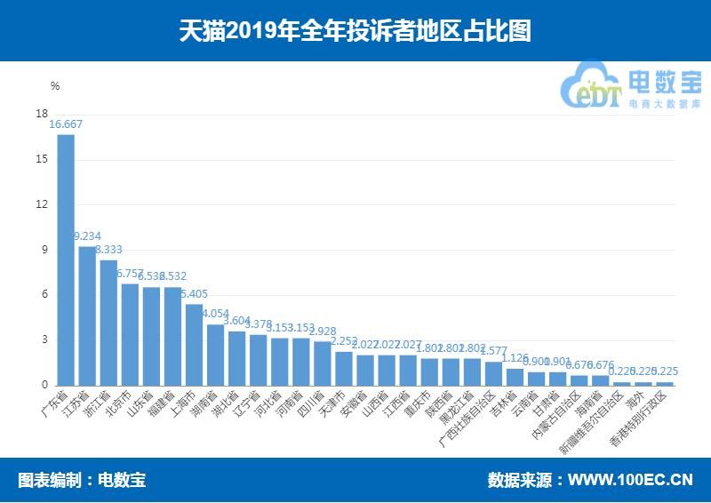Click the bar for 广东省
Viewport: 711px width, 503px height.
pyautogui.click(x=66, y=259)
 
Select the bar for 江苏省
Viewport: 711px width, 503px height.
pyautogui.click(x=87, y=315)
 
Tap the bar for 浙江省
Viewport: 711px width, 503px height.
pyautogui.click(x=108, y=323)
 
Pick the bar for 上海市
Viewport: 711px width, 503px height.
pyautogui.click(x=194, y=345)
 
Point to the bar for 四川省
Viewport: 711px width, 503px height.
pyautogui.click(x=322, y=363)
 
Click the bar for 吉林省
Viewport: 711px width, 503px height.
pyautogui.click(x=514, y=377)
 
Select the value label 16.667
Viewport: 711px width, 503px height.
pyautogui.click(x=66, y=125)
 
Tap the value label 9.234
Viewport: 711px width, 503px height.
pyautogui.click(x=87, y=236)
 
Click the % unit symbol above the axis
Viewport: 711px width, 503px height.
pyautogui.click(x=55, y=86)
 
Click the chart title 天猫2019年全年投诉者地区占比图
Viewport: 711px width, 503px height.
pyautogui.click(x=355, y=31)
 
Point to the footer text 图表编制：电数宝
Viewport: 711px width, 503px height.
pyautogui.click(x=82, y=481)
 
